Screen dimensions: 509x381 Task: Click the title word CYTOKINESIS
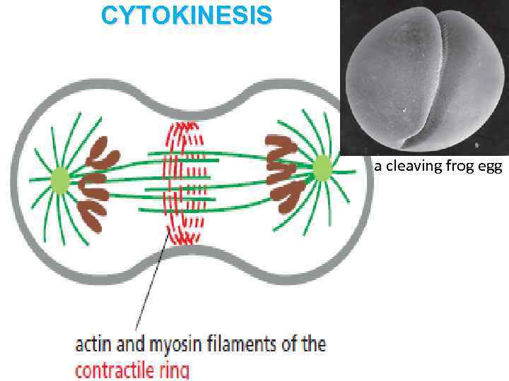(x=185, y=16)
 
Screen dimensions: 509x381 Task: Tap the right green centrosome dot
(x=322, y=169)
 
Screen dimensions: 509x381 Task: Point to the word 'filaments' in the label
(x=245, y=345)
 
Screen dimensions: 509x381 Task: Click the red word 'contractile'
(x=119, y=369)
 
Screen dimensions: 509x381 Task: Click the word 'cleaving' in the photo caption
(x=409, y=167)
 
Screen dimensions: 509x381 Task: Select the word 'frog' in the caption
(x=456, y=167)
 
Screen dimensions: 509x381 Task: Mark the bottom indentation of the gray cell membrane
(x=191, y=253)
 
